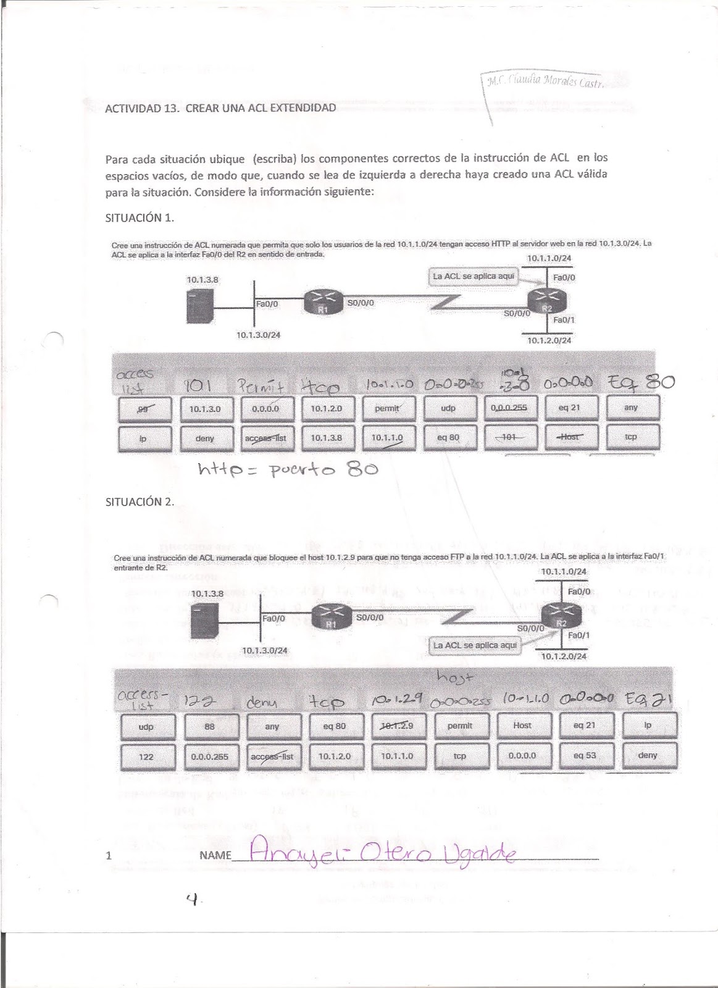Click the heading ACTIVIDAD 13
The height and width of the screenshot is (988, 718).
pyautogui.click(x=220, y=108)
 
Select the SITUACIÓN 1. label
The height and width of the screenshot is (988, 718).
pyautogui.click(x=140, y=217)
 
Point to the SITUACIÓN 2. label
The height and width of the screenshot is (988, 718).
pyautogui.click(x=140, y=501)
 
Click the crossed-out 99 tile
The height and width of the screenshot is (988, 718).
pyautogui.click(x=144, y=408)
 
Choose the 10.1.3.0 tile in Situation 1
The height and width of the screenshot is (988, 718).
pyautogui.click(x=206, y=408)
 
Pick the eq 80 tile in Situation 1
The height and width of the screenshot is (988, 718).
pyautogui.click(x=448, y=437)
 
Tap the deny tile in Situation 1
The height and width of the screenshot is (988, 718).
pyautogui.click(x=205, y=438)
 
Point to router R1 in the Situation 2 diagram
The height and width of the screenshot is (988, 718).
pyautogui.click(x=331, y=617)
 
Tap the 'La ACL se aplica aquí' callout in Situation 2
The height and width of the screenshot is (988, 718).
pyautogui.click(x=475, y=645)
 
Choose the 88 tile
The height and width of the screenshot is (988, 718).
pyautogui.click(x=209, y=727)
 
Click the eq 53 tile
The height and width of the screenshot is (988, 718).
pyautogui.click(x=584, y=755)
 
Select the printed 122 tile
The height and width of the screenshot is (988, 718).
pyautogui.click(x=146, y=756)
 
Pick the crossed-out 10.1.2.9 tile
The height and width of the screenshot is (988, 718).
pyautogui.click(x=397, y=726)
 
